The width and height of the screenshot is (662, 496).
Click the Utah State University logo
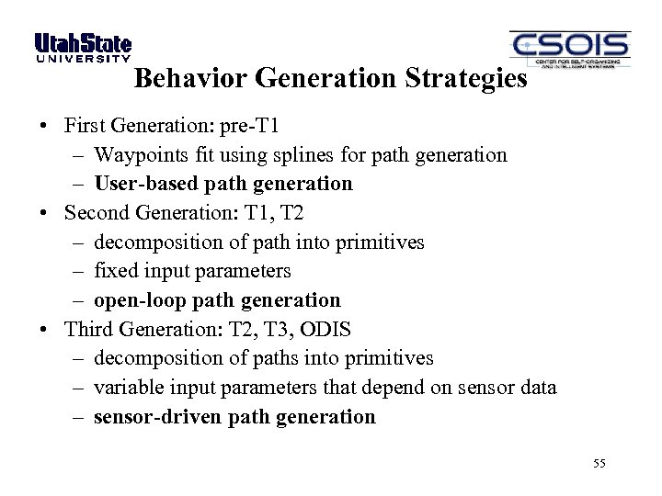(x=83, y=48)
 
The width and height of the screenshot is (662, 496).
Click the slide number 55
(x=599, y=464)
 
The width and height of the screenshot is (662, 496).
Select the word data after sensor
(x=535, y=388)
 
